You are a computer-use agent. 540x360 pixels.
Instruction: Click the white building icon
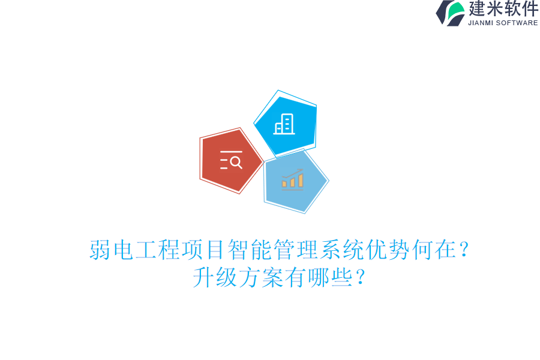pos(284,124)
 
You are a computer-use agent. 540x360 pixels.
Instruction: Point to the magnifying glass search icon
pos(232,161)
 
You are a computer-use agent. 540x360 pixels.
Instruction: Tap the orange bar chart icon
pos(293,179)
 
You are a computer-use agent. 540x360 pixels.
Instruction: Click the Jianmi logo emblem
pos(451,13)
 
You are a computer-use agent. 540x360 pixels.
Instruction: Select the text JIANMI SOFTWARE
pos(503,23)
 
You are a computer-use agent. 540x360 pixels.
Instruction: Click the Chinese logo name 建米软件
pos(503,9)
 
